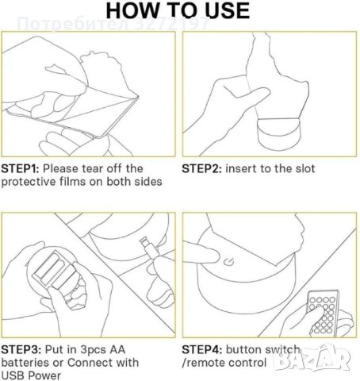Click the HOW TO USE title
178,10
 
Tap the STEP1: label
20,168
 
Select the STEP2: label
201,168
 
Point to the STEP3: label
21,349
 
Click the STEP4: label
202,349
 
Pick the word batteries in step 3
25,363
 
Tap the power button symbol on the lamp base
228,262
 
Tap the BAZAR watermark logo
312,359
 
